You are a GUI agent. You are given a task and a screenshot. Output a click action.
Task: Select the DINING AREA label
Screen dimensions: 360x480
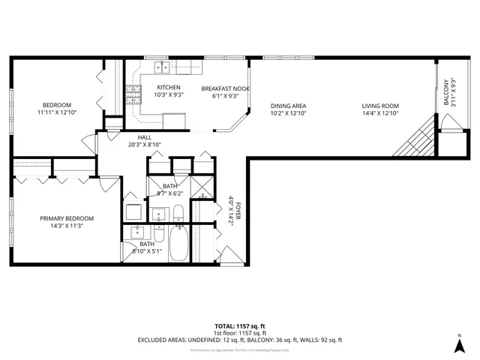click(x=288, y=106)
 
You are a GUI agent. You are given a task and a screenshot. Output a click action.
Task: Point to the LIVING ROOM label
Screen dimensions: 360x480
click(x=380, y=106)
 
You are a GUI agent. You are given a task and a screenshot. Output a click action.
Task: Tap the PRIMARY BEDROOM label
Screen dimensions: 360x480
click(x=67, y=218)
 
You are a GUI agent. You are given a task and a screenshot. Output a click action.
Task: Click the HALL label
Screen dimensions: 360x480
click(x=145, y=137)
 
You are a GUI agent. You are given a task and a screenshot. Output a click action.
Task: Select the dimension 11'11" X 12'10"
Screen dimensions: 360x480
click(x=57, y=112)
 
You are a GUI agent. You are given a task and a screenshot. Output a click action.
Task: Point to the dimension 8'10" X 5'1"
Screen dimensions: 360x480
click(x=147, y=251)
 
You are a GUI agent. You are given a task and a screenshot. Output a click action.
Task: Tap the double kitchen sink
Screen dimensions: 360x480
click(x=162, y=68)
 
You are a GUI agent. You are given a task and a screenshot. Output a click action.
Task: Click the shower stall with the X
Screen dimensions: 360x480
click(x=202, y=187)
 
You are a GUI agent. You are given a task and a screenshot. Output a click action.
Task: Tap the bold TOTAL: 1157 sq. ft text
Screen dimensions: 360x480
click(x=240, y=326)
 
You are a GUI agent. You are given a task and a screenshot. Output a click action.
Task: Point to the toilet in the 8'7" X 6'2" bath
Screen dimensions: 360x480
click(x=178, y=218)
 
